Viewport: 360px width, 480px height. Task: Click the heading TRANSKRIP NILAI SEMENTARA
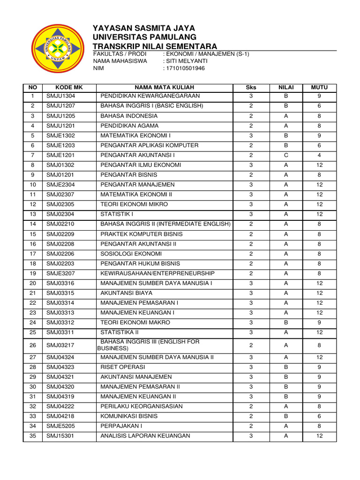(155, 46)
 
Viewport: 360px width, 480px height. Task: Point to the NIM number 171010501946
(185, 68)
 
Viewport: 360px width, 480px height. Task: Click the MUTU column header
(319, 87)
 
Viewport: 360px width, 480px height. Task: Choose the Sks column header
(251, 87)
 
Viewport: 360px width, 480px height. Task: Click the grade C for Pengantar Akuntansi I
(285, 155)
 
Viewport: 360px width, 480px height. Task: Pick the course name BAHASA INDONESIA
(129, 116)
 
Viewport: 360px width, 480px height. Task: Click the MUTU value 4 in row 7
(319, 155)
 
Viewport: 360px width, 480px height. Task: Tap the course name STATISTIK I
(116, 214)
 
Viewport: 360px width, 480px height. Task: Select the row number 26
(33, 345)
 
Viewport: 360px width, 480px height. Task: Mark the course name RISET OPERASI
(123, 367)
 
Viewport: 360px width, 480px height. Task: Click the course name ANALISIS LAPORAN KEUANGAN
(145, 436)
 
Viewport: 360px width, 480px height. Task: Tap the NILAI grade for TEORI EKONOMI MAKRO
(285, 322)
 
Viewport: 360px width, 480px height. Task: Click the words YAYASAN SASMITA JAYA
(144, 28)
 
